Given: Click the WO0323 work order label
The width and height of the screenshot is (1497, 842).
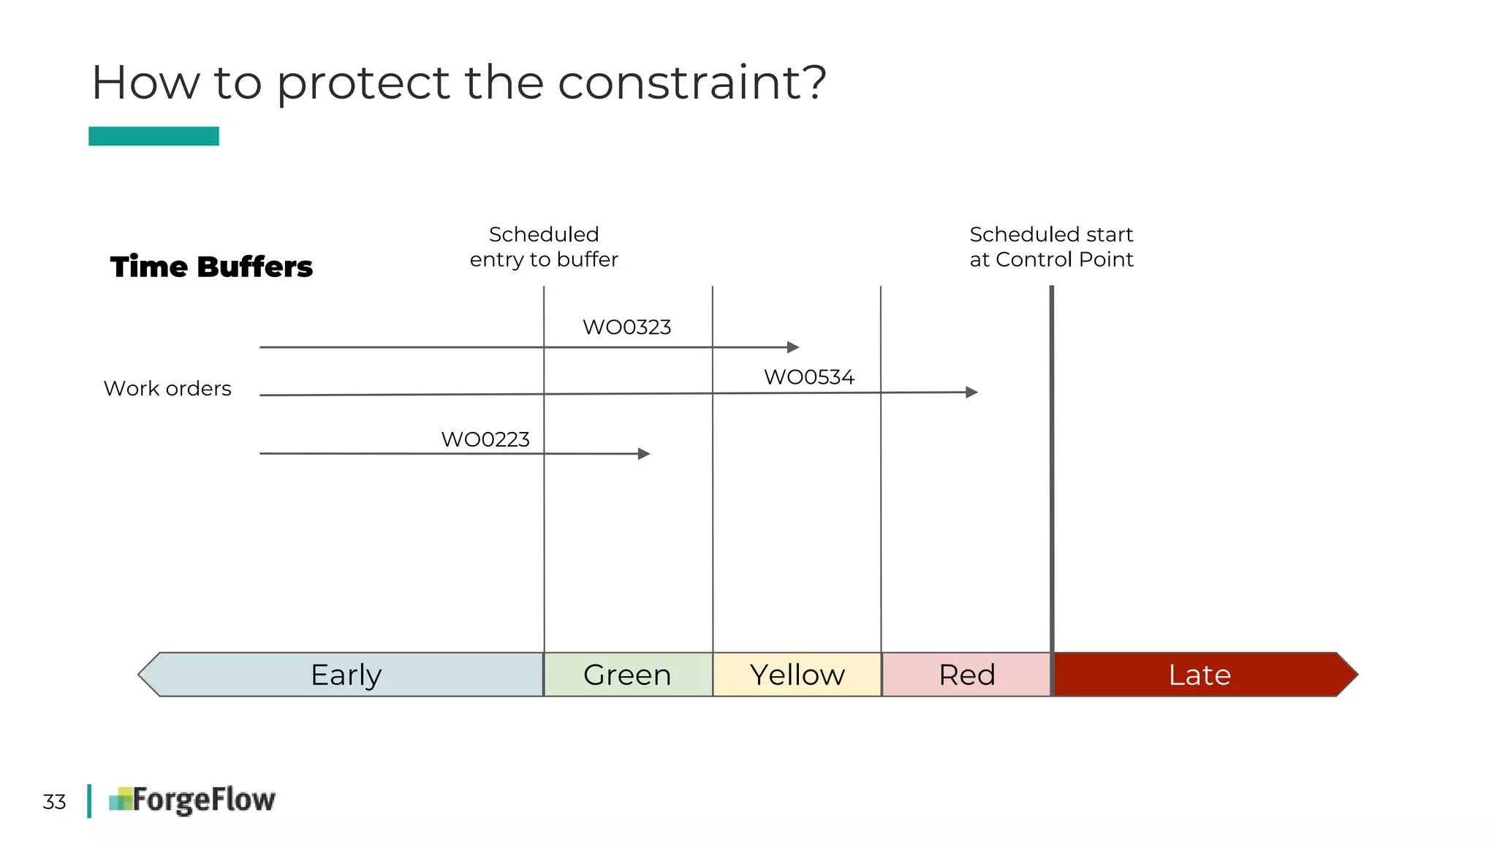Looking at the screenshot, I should point(626,327).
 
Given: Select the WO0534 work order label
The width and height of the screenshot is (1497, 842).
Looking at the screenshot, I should point(808,377).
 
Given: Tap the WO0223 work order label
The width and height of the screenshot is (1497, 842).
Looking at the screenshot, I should point(485,439).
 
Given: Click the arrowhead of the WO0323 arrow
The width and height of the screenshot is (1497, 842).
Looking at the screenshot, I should point(793,347).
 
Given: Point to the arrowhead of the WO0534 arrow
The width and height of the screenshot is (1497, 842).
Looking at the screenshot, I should point(971,392).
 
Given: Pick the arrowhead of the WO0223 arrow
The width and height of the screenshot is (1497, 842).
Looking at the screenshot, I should point(644,454).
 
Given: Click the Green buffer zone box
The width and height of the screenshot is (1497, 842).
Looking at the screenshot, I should point(628,675).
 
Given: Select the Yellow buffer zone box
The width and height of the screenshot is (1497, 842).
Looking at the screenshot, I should point(797,675).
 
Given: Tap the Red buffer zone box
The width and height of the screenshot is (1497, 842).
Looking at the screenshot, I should point(966,675).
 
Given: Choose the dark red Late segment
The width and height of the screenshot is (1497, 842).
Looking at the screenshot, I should point(1199,675).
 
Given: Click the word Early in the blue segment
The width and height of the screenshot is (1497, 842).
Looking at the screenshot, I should point(346,675).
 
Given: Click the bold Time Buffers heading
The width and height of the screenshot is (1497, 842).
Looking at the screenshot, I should point(211,267).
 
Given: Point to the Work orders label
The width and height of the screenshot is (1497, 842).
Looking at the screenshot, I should point(167,388).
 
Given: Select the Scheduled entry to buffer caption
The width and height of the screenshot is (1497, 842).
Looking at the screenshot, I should point(544,247).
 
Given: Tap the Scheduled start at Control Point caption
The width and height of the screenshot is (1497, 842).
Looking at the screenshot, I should point(1051,247).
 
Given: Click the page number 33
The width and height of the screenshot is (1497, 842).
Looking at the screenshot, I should point(54,802).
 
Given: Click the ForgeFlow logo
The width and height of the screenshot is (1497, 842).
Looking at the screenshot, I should point(192,800).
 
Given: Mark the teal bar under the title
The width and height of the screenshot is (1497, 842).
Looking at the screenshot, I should point(154,136).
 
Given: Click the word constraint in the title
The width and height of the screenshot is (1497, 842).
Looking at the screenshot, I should point(682,82).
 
